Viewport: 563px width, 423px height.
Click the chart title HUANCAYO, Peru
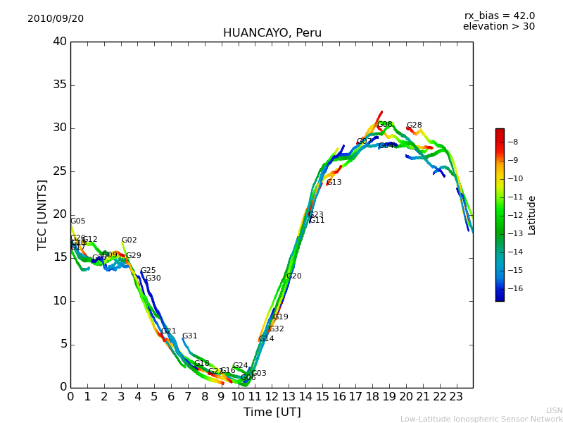tap(272, 33)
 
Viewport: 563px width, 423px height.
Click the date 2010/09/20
tap(56, 19)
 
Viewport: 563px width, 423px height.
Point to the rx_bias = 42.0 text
tap(499, 16)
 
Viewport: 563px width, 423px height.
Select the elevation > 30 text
tap(498, 27)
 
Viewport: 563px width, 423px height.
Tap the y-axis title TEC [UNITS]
tap(42, 214)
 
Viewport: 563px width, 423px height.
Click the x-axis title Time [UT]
tap(272, 412)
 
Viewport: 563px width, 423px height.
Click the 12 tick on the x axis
tap(272, 397)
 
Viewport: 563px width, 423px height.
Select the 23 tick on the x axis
tap(456, 397)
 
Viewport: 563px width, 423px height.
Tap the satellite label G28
tap(414, 125)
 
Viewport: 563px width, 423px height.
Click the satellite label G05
tap(77, 221)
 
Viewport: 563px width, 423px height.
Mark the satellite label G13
tap(334, 183)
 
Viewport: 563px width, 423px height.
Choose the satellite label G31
tap(189, 336)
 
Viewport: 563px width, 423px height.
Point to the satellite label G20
tap(293, 276)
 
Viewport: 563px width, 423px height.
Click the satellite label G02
tap(129, 240)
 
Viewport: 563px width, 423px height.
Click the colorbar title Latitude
tap(532, 215)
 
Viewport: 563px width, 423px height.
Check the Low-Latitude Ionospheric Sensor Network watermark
tap(481, 419)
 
